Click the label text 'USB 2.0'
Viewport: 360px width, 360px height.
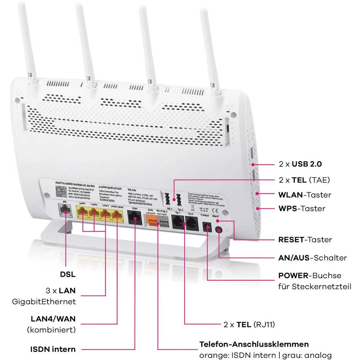[307, 164]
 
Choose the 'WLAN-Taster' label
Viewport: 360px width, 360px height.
[305, 195]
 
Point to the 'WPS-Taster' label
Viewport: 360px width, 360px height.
[302, 208]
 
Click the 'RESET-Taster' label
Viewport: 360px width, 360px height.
[305, 239]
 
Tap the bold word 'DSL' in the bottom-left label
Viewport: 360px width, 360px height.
[68, 274]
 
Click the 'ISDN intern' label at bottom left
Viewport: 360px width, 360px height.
[53, 349]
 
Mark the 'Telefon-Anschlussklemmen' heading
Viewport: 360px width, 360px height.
[254, 344]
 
